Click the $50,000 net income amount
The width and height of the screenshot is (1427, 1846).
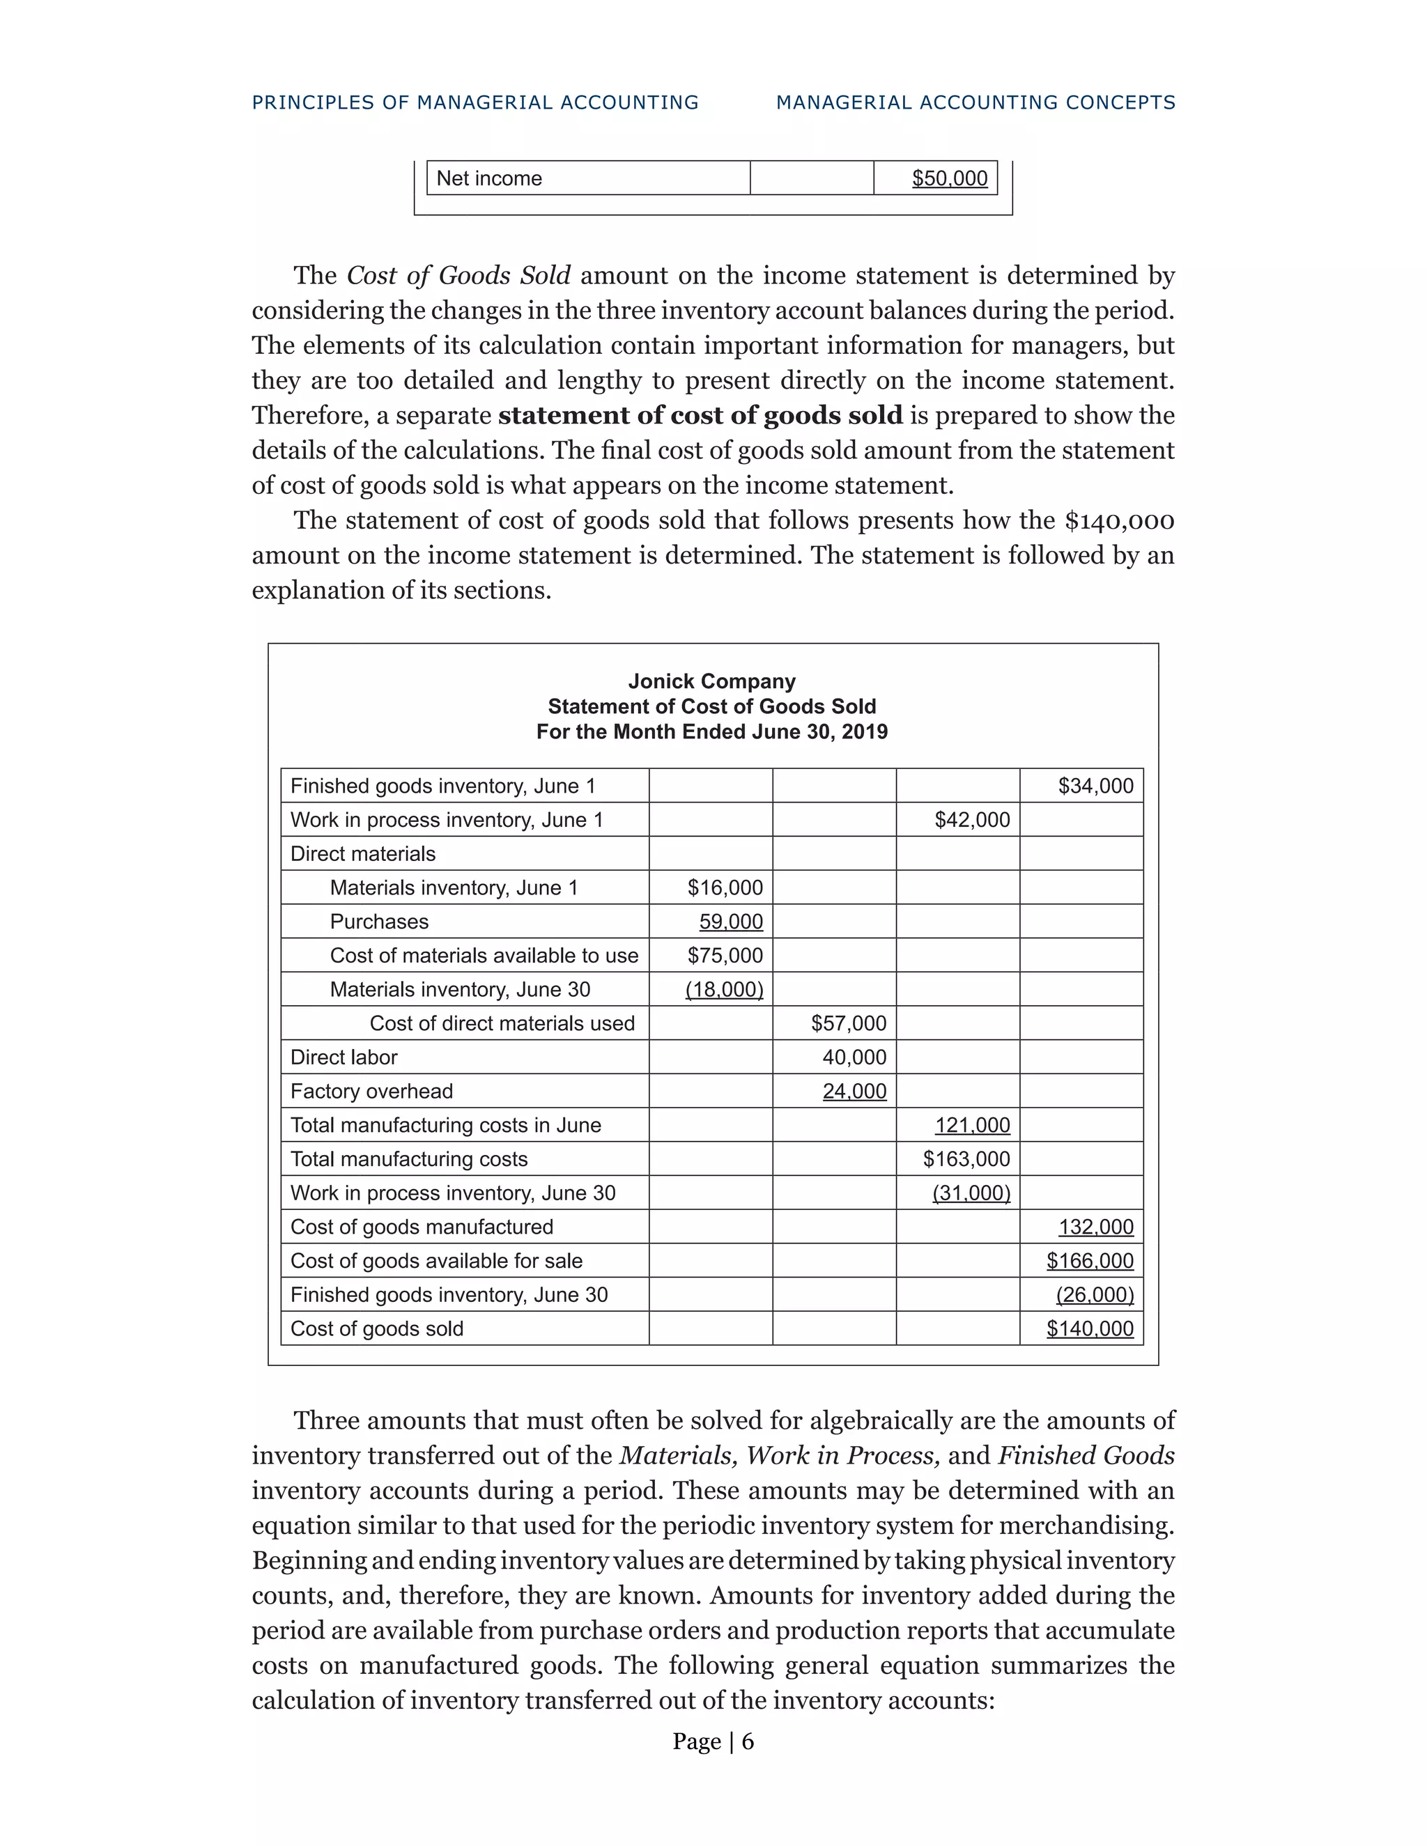click(x=950, y=178)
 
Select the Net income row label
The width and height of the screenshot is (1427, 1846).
click(x=488, y=178)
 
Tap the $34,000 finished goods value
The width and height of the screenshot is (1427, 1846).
click(x=1095, y=786)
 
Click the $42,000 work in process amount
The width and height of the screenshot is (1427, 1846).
click(x=971, y=820)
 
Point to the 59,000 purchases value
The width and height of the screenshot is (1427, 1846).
click(x=730, y=922)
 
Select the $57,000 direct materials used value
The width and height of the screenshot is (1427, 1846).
click(x=848, y=1023)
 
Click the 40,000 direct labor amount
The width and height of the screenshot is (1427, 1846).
click(x=854, y=1057)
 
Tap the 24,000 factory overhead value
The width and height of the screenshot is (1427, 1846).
click(x=854, y=1091)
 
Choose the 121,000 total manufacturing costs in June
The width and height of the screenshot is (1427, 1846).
click(x=971, y=1125)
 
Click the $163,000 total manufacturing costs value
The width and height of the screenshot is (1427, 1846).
click(x=966, y=1159)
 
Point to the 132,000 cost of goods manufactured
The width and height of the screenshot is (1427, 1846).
click(x=1095, y=1227)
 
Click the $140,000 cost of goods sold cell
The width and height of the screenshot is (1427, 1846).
click(x=1089, y=1328)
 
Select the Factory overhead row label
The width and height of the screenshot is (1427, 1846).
click(x=371, y=1091)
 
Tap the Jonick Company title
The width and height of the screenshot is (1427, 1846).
click(x=712, y=681)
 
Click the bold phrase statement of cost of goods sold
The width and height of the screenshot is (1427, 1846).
click(x=700, y=416)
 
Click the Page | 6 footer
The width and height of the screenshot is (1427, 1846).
click(x=713, y=1742)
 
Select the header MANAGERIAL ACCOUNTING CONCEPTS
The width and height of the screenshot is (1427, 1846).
click(x=975, y=102)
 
